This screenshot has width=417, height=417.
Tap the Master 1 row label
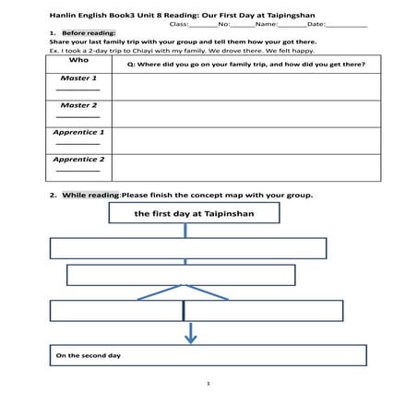point(79,79)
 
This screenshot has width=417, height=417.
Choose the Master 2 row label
point(79,106)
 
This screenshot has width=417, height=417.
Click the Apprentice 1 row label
point(79,133)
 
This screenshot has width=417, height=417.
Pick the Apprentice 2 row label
point(79,160)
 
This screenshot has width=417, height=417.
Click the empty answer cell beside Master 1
point(245,86)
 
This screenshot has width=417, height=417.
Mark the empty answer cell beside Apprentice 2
point(245,167)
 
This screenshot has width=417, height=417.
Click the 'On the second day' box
point(208,355)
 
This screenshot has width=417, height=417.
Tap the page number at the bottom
point(208,382)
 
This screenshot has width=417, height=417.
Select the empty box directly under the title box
point(187,248)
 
